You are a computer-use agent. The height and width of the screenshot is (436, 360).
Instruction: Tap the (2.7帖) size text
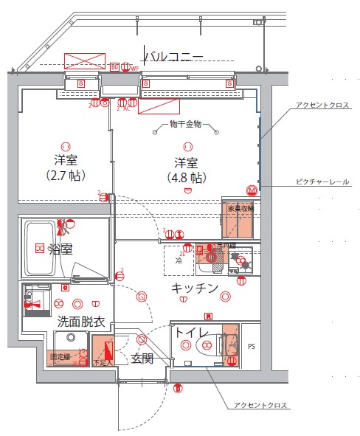[66, 176]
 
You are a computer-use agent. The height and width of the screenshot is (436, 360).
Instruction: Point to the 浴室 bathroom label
[60, 249]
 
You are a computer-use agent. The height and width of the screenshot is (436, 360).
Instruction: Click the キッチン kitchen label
[195, 288]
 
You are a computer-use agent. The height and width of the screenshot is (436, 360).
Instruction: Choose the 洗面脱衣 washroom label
[81, 322]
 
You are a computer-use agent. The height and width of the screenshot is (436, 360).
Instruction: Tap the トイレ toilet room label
[190, 333]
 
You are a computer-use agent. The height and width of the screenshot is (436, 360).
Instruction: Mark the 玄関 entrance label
[142, 359]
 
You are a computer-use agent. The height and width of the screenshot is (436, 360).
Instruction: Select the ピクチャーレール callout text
[322, 181]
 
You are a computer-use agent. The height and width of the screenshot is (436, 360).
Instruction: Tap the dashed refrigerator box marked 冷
[179, 260]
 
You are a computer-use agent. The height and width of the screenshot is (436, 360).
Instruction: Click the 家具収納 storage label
[241, 209]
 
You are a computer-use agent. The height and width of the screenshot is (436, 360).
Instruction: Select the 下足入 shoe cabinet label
[101, 362]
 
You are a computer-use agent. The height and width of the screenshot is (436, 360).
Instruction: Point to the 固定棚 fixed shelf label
[59, 357]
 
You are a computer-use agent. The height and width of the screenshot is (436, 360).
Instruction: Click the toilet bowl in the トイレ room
[211, 346]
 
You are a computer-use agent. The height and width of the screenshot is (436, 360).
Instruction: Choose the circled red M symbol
[252, 190]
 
